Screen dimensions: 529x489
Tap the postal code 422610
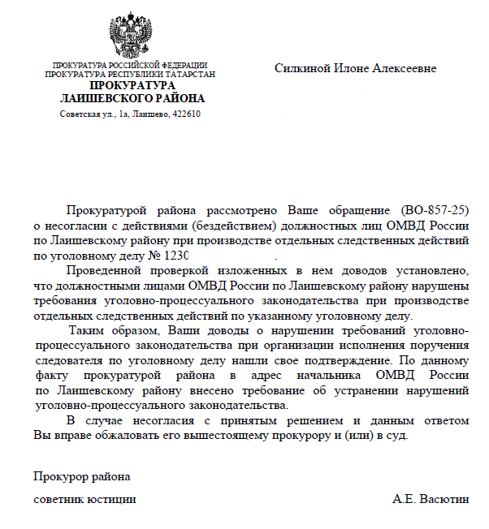186,114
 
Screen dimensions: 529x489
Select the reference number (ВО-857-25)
435,209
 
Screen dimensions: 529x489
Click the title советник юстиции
84,498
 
